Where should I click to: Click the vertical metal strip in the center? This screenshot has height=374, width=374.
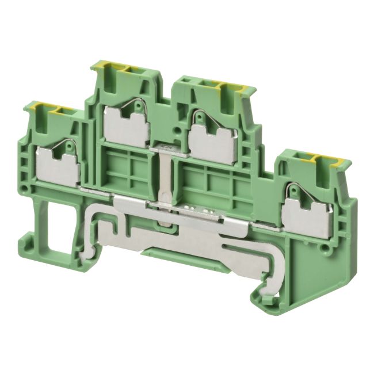click(166, 184)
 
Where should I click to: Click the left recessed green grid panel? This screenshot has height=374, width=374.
click(125, 167)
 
